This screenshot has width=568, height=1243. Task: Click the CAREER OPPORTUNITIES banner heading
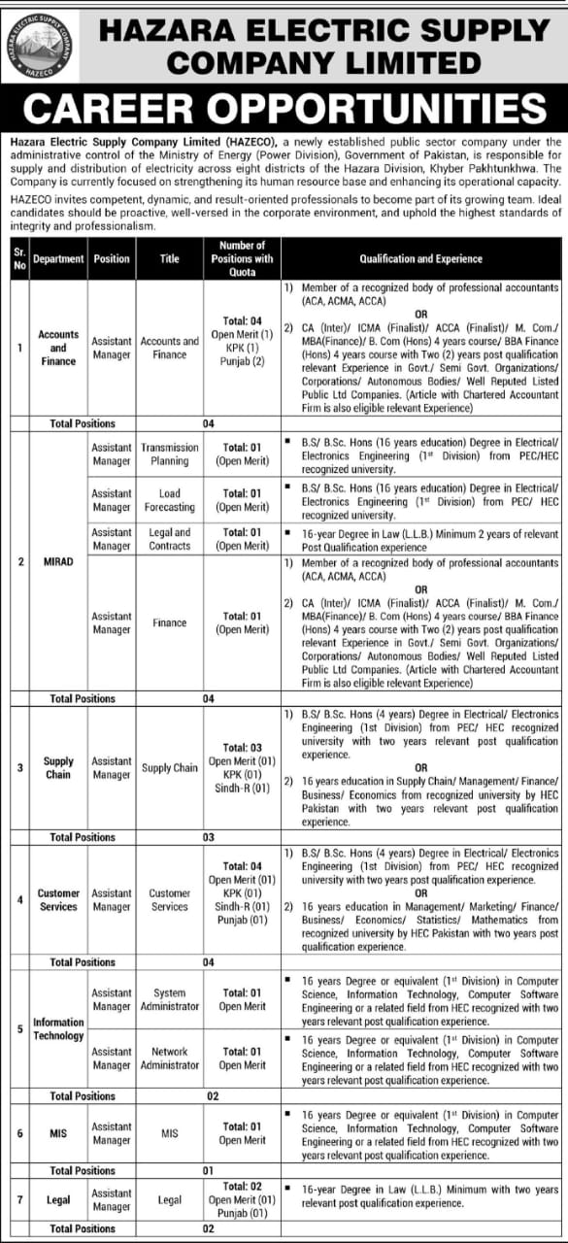coord(284,110)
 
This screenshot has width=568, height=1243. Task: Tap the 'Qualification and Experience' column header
coord(420,259)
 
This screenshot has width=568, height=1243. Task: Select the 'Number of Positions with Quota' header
coord(243,259)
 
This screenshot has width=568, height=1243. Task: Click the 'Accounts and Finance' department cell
coord(58,348)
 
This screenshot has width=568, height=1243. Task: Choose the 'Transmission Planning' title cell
coord(170,454)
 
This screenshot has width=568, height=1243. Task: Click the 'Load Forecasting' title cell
coord(170,500)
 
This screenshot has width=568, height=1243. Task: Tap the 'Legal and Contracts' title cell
coord(170,539)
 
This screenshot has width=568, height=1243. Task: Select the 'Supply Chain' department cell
coord(58,768)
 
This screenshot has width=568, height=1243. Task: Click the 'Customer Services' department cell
coord(58,899)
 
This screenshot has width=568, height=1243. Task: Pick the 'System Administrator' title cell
coord(170,999)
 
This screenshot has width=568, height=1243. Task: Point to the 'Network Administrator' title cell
coord(170,1058)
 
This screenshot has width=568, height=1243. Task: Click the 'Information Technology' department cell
coord(58,1028)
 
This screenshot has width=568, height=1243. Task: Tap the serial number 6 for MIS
coord(19,1133)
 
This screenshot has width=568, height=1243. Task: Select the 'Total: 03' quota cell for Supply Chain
coord(243,747)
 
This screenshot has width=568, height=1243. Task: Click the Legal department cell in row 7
coord(58,1200)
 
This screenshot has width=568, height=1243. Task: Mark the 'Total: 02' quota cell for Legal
coord(243,1187)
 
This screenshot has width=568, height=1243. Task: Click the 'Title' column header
coord(170,259)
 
